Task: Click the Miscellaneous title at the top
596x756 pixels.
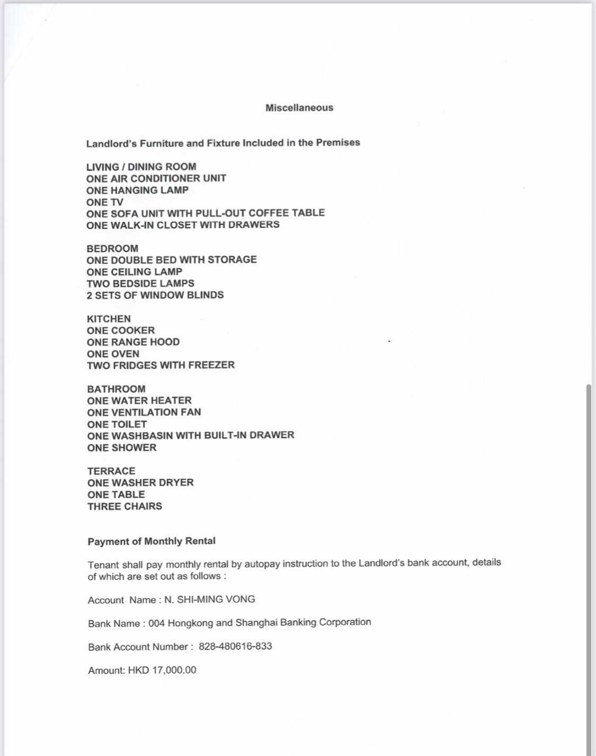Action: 299,108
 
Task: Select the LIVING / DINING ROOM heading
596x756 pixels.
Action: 141,167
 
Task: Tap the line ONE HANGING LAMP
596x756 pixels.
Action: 137,190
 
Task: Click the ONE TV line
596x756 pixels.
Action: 105,202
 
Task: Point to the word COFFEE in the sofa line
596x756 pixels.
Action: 268,213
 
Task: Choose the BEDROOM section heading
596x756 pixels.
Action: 112,249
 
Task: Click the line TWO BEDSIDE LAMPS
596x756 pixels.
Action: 140,284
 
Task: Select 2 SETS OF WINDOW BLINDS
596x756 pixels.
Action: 155,295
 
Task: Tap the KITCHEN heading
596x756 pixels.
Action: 109,319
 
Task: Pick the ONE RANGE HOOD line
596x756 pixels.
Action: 133,342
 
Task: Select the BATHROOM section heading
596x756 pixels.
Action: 116,389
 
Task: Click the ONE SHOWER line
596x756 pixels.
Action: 122,448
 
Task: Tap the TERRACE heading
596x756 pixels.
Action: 111,471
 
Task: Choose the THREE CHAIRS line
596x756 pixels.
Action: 124,506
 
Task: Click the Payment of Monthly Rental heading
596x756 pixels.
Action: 152,541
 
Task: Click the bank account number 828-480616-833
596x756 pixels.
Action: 235,646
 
